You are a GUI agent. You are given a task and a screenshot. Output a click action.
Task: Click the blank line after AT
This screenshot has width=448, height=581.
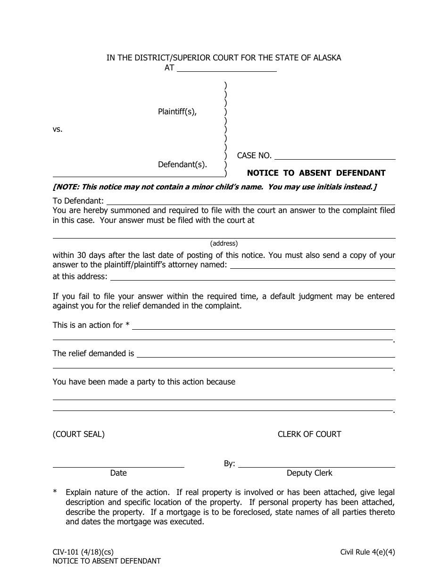227,68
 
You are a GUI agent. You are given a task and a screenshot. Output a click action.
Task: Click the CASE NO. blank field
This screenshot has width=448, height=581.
334,156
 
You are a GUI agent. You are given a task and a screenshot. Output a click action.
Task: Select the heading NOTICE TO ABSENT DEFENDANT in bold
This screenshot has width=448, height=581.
316,173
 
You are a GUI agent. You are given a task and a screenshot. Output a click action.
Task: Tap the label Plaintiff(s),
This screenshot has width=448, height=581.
177,112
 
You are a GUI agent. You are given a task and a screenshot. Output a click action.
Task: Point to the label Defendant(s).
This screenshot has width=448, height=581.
183,164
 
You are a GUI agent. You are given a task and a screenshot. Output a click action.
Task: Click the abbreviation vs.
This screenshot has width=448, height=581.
58,129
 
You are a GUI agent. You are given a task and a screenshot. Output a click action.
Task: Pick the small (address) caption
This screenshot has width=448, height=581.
224,244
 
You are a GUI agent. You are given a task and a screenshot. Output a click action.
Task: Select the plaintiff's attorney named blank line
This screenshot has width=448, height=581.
312,265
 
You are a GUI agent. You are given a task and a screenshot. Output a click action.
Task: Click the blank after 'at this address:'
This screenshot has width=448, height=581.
252,277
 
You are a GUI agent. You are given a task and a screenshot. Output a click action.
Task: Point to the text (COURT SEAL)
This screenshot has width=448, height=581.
79,434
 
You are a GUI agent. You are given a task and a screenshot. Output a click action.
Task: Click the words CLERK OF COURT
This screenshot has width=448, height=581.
309,434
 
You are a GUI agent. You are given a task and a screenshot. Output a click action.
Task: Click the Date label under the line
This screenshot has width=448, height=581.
118,473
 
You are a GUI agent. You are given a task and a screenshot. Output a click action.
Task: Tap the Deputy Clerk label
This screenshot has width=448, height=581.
309,473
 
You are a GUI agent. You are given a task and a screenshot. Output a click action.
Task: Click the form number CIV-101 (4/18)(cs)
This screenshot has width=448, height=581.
83,552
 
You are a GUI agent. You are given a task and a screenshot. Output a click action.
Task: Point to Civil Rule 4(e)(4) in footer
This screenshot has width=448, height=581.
368,552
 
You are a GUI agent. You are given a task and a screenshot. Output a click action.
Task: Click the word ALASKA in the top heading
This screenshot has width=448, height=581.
325,58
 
